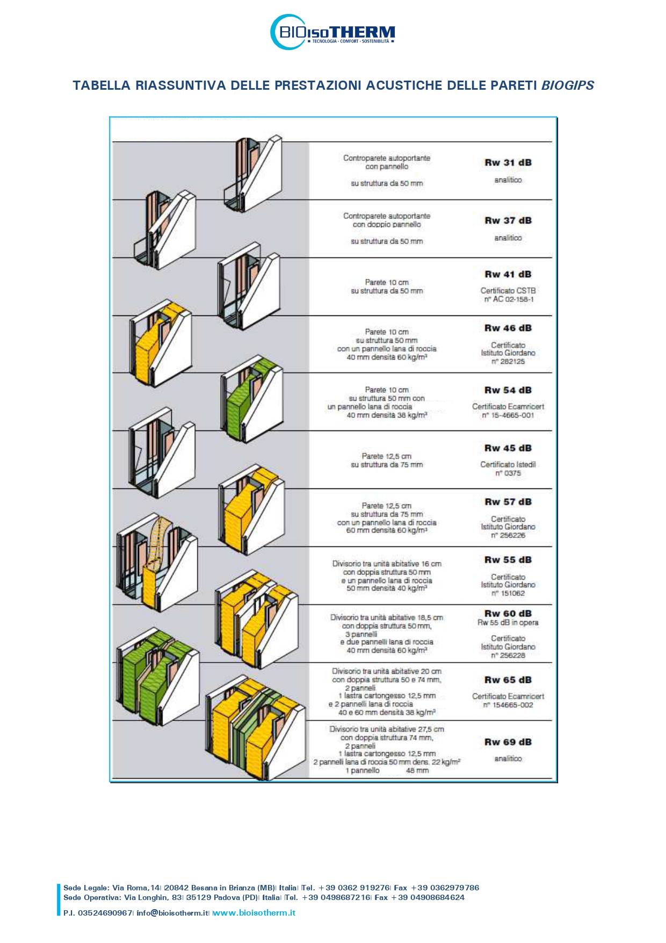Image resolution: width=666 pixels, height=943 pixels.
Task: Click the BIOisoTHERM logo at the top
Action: coord(332,32)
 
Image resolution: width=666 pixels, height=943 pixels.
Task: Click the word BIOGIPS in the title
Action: coord(568,85)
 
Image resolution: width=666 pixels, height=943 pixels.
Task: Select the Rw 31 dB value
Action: coord(508,162)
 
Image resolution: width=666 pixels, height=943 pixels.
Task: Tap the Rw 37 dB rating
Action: coord(508,220)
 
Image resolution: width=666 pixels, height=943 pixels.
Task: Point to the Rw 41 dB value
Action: coord(508,274)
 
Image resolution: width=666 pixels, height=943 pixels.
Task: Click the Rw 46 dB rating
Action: coord(508,328)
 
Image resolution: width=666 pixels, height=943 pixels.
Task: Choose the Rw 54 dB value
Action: coord(508,390)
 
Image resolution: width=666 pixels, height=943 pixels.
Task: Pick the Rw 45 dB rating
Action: coord(508,448)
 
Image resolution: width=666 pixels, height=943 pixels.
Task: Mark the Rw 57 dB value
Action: coord(508,502)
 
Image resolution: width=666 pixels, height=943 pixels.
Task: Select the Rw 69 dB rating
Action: coord(508,742)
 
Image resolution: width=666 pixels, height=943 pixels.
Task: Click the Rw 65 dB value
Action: coord(508,680)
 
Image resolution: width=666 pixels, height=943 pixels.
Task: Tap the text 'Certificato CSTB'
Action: coord(508,291)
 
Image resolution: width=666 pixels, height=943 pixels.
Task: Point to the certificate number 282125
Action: coord(508,362)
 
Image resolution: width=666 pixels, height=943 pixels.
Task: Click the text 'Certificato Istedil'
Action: coord(508,464)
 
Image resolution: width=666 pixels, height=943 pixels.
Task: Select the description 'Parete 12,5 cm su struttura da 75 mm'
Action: coord(387,460)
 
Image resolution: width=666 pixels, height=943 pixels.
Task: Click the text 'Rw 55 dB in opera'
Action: coord(508,623)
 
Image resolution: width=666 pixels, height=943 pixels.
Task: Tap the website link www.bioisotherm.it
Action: coord(254,913)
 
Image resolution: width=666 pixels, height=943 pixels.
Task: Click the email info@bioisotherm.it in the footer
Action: coord(173,913)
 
